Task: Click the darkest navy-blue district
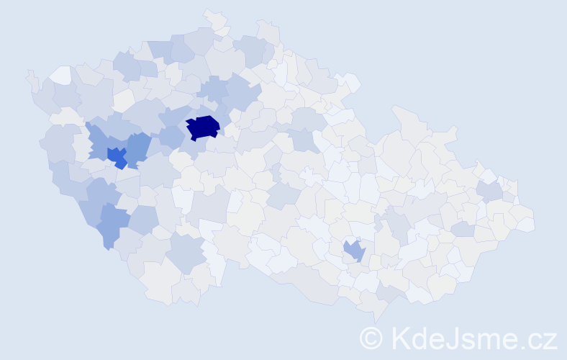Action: point(203,127)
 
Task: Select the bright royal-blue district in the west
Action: point(116,156)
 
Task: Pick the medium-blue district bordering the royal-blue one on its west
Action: point(97,140)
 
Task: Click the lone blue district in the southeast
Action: point(353,251)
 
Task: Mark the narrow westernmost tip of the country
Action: point(30,76)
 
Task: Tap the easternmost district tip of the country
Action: point(529,225)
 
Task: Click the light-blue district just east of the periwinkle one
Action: point(143,220)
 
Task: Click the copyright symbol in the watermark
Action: point(371,338)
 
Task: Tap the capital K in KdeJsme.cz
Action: point(399,338)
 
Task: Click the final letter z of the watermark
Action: point(550,340)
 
